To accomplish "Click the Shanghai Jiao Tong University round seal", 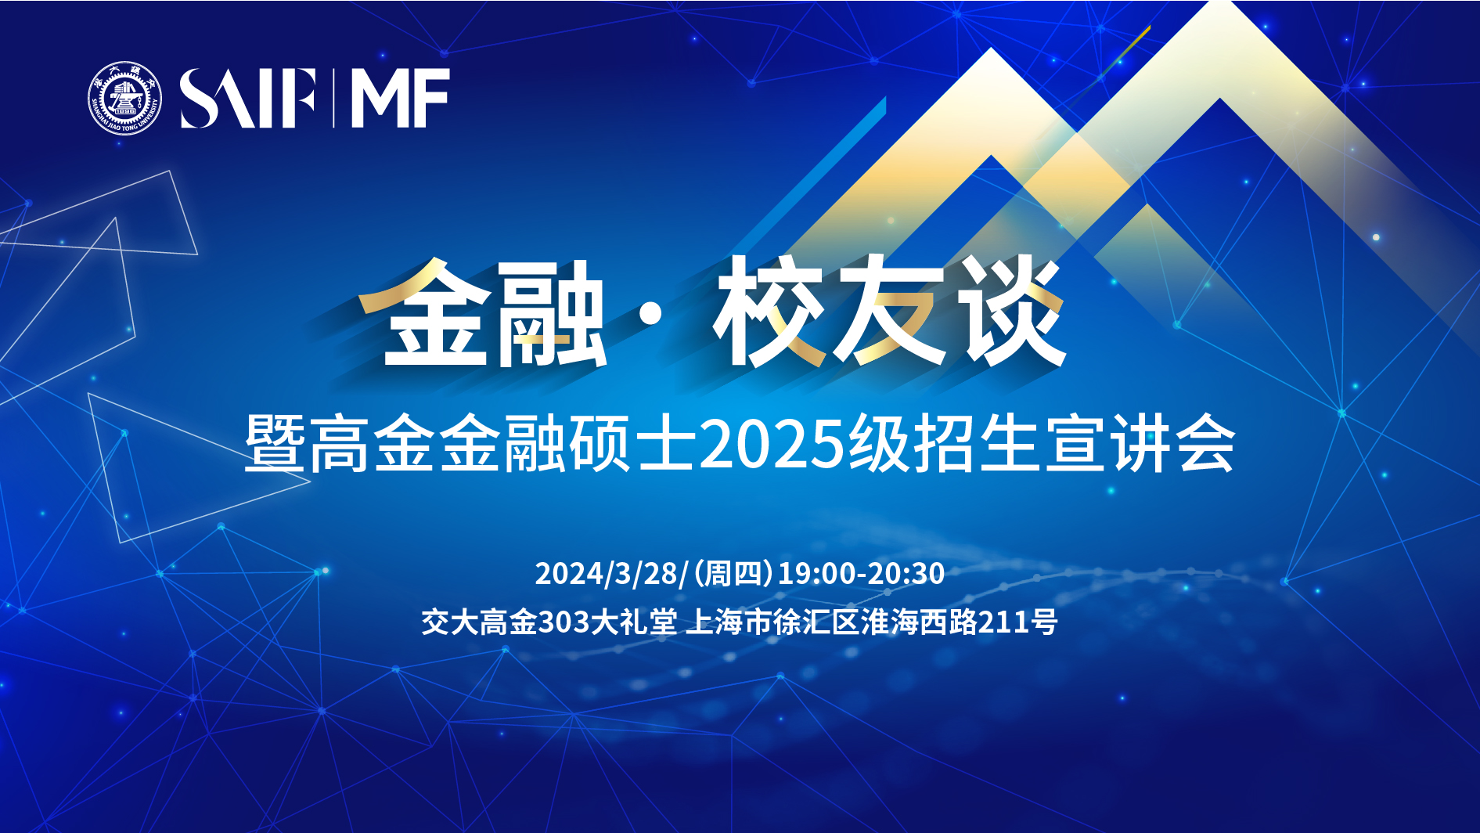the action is (124, 99).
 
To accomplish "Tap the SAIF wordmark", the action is (248, 99).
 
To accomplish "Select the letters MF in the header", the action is (400, 99).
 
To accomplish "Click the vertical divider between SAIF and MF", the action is (333, 99).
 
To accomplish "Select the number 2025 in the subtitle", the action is (771, 444).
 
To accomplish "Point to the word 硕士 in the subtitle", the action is (632, 443).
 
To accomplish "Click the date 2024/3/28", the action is (610, 574).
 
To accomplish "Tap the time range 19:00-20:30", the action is (861, 574).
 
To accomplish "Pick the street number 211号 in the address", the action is (1018, 622).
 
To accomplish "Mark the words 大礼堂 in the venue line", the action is (633, 622).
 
